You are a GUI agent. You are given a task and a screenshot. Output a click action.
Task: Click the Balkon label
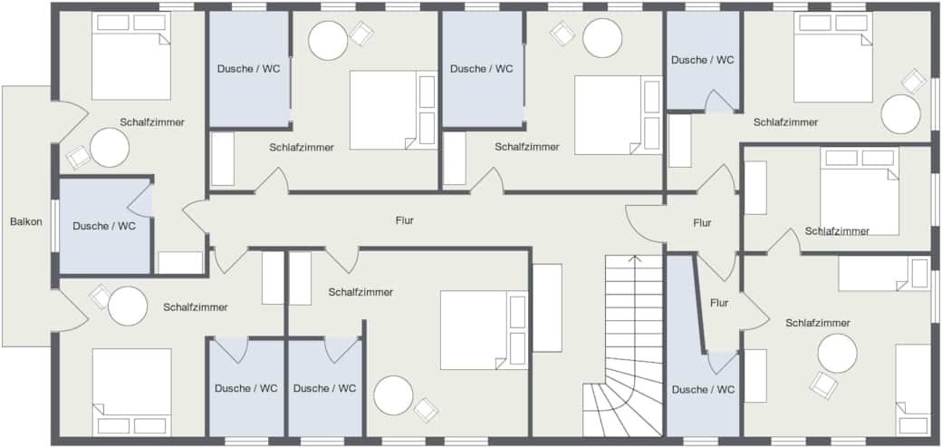coord(26,221)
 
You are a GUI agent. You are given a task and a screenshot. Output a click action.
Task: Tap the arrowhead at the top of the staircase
coord(635,259)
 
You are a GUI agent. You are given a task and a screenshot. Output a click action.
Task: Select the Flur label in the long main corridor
coord(404,220)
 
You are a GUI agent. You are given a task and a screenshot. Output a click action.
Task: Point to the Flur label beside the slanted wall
coord(718,303)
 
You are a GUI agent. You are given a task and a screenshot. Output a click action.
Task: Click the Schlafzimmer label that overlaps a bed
coord(837,231)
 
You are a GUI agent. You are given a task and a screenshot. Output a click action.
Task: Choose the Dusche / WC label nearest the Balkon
coord(104,226)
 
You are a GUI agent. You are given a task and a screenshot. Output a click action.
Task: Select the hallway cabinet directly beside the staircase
coord(547,308)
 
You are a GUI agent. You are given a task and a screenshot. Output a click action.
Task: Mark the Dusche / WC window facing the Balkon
coord(54,226)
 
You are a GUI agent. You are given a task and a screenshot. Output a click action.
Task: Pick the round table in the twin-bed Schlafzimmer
coord(837,353)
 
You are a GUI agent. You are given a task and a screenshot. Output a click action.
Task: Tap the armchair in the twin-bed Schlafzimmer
coord(823,385)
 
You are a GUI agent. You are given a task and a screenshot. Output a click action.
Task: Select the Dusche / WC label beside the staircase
coord(703,390)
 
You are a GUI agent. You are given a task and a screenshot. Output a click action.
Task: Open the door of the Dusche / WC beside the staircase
coord(724,362)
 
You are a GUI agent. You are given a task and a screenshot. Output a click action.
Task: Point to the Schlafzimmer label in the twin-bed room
coord(818,323)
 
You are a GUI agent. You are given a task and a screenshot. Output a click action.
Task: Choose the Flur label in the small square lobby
coord(702,223)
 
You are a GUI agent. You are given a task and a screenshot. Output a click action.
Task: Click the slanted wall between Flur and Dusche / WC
coord(700,303)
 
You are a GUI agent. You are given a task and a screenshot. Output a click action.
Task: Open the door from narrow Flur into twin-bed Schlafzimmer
coord(755,310)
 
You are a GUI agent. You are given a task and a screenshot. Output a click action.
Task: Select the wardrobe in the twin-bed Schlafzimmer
coord(755,375)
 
